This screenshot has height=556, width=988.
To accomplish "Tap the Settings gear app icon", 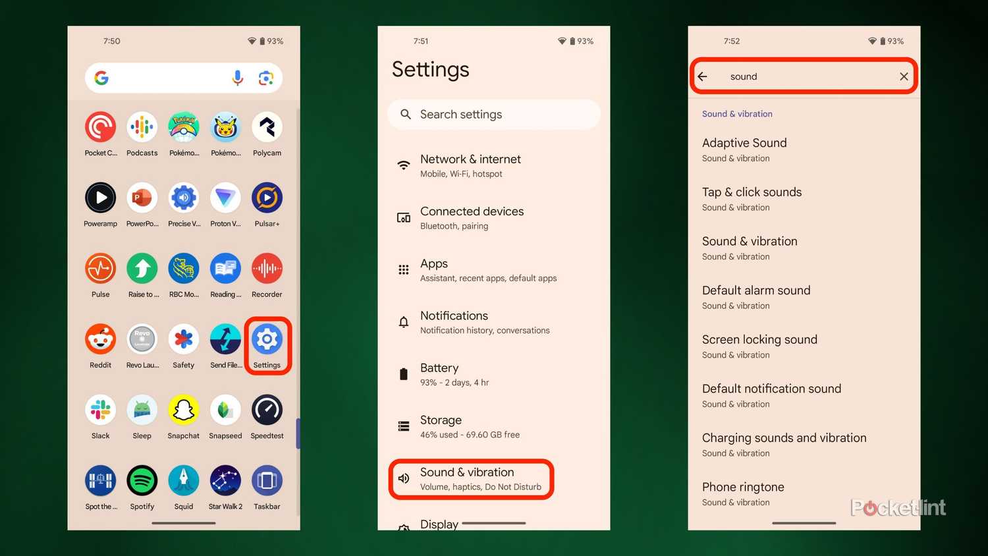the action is click(267, 339).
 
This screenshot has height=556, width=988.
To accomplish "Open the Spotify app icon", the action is click(142, 480).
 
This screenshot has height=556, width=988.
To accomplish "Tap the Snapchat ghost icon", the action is click(184, 410).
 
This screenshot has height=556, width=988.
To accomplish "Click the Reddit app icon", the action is click(101, 339).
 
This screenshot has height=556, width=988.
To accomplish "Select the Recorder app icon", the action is click(267, 268).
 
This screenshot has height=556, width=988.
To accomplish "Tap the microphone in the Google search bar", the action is click(237, 78).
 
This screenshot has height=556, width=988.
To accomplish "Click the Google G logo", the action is click(101, 78).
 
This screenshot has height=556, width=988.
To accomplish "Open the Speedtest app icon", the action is click(267, 410).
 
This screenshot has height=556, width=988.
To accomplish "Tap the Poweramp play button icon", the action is click(101, 198).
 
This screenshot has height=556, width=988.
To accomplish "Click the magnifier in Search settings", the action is click(405, 114).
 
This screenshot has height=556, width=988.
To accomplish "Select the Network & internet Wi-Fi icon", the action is click(404, 165).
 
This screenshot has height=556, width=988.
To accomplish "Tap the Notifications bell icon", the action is click(404, 322).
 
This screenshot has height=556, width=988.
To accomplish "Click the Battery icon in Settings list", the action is click(404, 374).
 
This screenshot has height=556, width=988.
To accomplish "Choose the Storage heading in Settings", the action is click(441, 420).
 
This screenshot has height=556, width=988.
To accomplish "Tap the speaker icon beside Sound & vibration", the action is click(404, 478).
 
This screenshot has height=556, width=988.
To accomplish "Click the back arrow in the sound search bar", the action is click(703, 76).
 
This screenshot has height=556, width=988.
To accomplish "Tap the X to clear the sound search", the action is click(904, 76).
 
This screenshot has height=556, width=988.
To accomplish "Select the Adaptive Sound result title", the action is click(744, 143).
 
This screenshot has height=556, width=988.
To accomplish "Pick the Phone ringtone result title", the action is click(743, 487).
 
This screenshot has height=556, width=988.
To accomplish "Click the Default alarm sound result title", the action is click(756, 291).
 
